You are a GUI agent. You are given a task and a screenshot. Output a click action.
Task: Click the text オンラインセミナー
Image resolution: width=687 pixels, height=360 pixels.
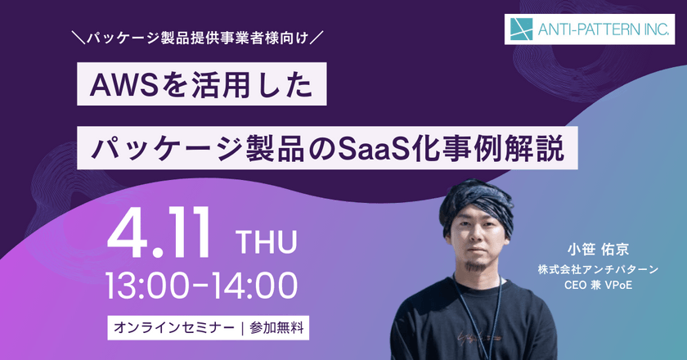tap(171, 328)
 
